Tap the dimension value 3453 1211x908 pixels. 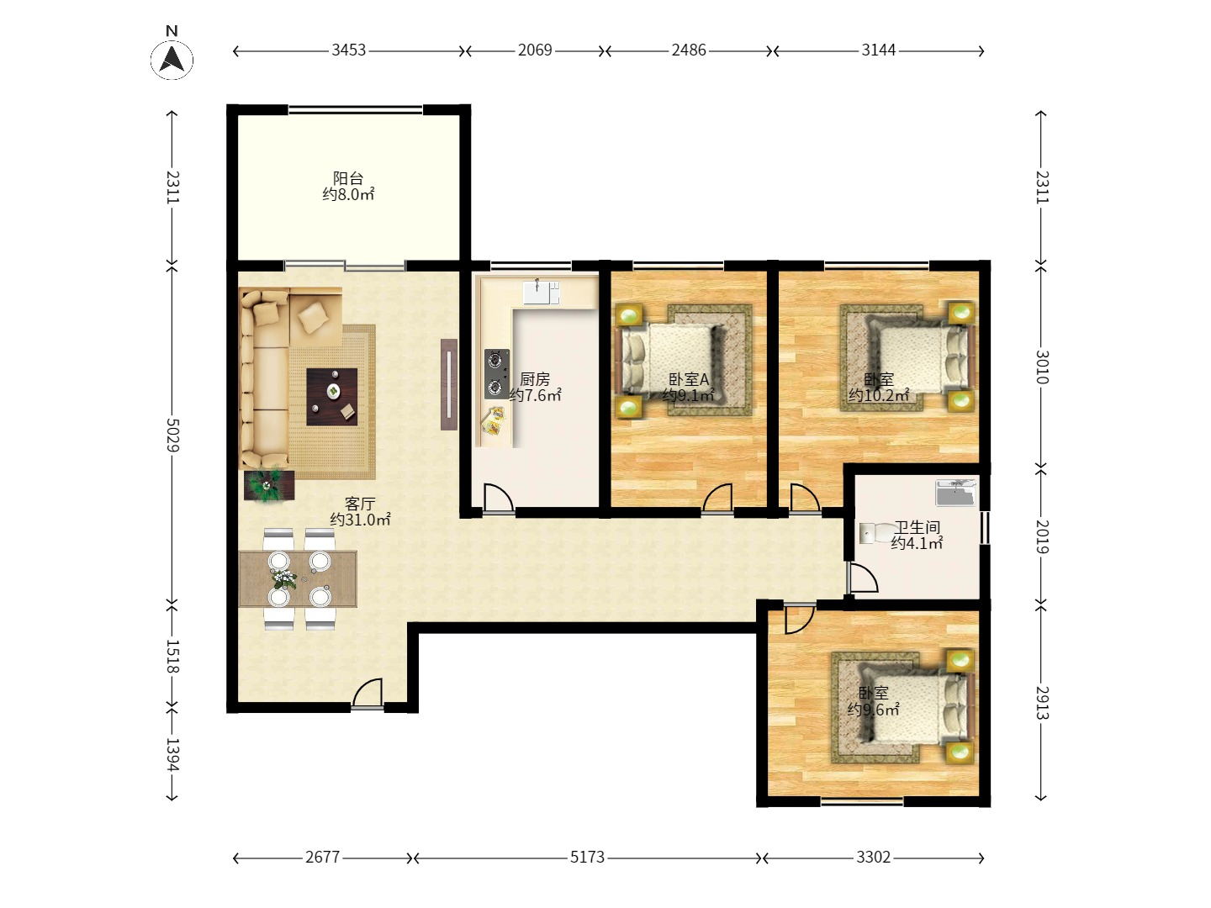[349, 50]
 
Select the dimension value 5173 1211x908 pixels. [587, 857]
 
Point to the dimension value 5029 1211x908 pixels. [172, 435]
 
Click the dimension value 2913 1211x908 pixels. [1041, 702]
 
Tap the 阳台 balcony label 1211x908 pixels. [348, 178]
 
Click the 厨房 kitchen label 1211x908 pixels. [535, 379]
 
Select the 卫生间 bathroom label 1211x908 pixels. [917, 527]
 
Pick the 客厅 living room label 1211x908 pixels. [360, 504]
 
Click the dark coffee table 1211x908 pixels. [331, 397]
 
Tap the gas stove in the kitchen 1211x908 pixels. [496, 374]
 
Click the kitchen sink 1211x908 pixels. [542, 293]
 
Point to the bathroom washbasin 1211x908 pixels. [955, 493]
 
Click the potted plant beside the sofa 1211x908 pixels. [268, 484]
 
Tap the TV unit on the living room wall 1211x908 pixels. [449, 384]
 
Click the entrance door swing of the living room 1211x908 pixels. [368, 693]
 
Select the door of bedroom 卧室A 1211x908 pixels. [717, 498]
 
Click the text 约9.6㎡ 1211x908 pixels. [874, 709]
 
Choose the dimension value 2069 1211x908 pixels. [535, 50]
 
